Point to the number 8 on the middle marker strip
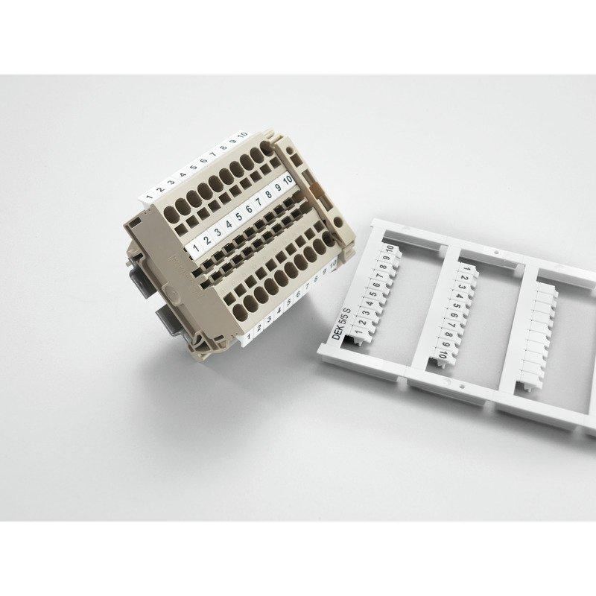[267, 196]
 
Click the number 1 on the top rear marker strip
[149, 197]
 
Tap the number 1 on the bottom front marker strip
[247, 327]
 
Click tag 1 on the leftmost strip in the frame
[352, 323]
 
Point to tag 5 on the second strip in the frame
[451, 305]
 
